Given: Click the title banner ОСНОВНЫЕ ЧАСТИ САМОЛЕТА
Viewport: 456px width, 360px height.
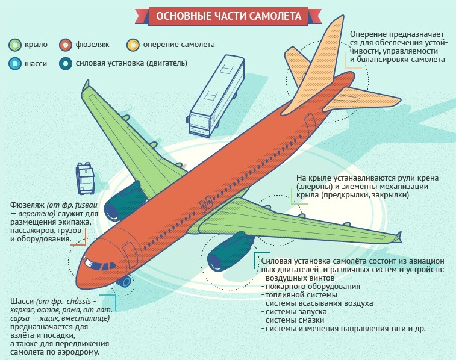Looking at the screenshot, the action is pyautogui.click(x=228, y=16).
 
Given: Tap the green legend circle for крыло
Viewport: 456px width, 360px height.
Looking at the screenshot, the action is pyautogui.click(x=15, y=45).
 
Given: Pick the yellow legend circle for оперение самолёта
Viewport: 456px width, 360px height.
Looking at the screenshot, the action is pyautogui.click(x=133, y=45).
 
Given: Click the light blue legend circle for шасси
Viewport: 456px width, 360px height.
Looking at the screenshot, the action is pyautogui.click(x=15, y=63).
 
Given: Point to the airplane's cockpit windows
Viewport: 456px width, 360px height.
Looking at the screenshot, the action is pyautogui.click(x=101, y=265).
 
